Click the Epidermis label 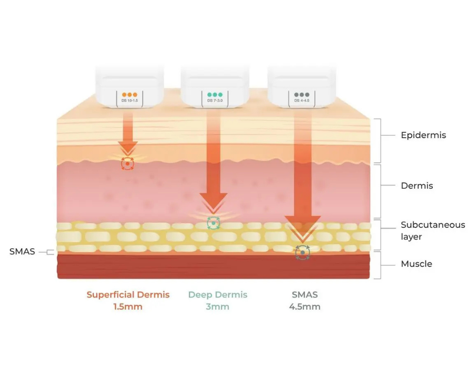423,135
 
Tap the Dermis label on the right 417,186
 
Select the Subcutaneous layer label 433,231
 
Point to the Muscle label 416,264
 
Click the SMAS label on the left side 22,252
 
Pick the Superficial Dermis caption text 128,294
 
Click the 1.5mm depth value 128,307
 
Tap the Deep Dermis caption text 218,294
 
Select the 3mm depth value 218,307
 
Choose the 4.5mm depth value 304,307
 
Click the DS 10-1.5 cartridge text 130,100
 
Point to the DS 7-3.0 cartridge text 215,100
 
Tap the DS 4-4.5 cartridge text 302,100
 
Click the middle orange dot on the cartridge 130,95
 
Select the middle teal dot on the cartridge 215,95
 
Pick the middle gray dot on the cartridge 302,95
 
